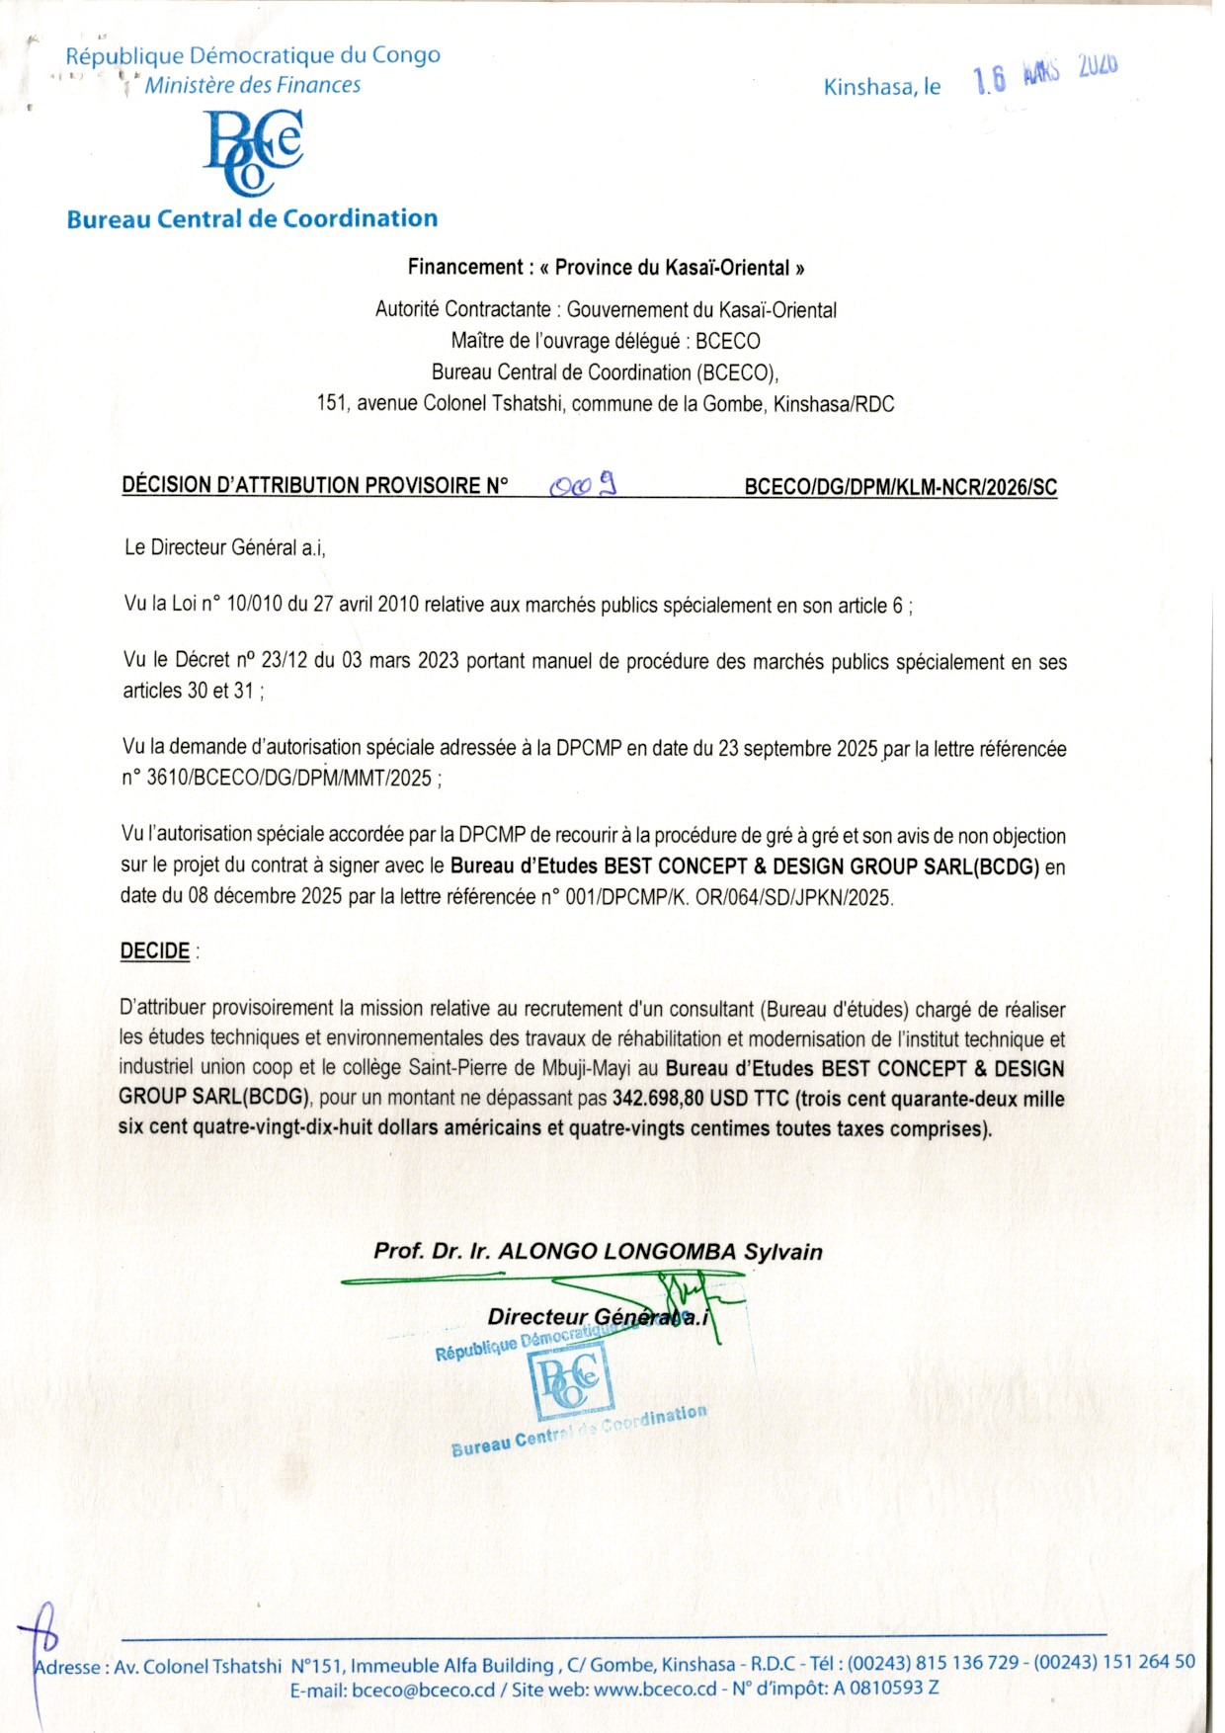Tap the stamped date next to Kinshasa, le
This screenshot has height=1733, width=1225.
pos(1045,74)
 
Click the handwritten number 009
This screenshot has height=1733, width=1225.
pos(584,484)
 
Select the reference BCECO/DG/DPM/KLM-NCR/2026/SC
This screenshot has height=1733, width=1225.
pos(900,487)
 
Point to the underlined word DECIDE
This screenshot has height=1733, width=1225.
pos(155,951)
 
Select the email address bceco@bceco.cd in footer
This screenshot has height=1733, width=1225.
pos(423,1690)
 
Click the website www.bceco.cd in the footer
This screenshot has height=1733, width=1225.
pos(655,1689)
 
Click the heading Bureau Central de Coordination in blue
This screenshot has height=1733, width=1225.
pos(252,218)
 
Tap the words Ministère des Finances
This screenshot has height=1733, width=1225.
pos(253,86)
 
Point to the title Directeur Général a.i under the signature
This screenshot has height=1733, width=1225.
pos(598,1317)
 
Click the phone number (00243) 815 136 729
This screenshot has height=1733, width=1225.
pos(933,1662)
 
